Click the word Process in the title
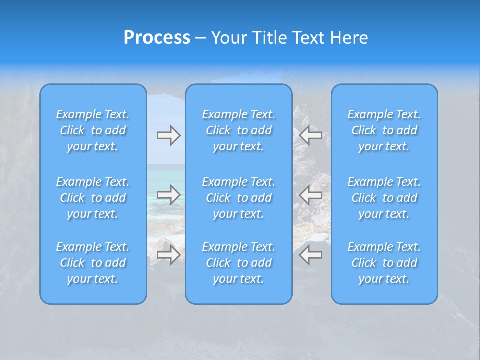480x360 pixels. (157, 38)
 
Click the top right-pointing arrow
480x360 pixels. (168, 135)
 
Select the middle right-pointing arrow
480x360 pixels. (168, 195)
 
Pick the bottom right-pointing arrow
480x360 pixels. (168, 255)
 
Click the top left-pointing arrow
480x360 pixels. (311, 135)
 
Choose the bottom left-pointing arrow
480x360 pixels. (311, 255)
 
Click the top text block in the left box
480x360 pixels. (93, 130)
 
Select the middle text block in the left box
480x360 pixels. (93, 198)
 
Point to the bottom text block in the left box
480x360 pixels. (93, 263)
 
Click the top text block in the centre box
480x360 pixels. (239, 130)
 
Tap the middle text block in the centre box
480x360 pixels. (239, 198)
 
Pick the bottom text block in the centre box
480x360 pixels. (239, 263)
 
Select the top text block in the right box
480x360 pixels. (384, 130)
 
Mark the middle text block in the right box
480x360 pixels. (384, 198)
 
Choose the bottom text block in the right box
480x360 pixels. (384, 263)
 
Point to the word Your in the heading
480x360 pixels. (228, 38)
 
